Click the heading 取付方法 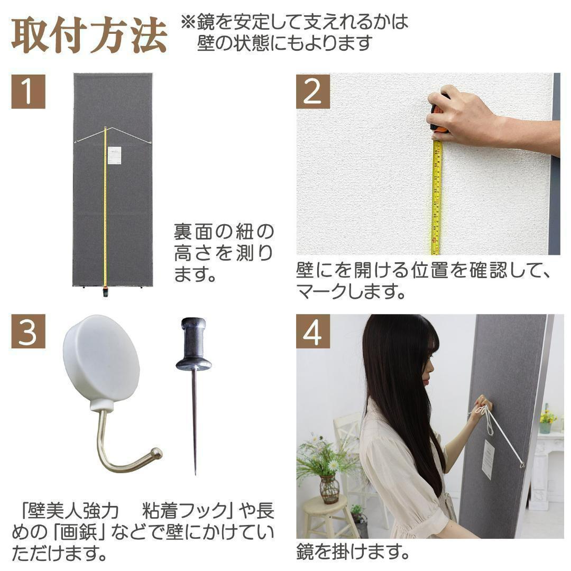(x=89, y=36)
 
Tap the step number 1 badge (x=28, y=91)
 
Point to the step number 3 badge (x=28, y=331)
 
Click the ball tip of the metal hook (x=156, y=453)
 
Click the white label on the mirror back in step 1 (x=114, y=155)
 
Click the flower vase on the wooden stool (x=329, y=489)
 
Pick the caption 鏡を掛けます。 (x=353, y=553)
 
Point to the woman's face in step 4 (x=427, y=365)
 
